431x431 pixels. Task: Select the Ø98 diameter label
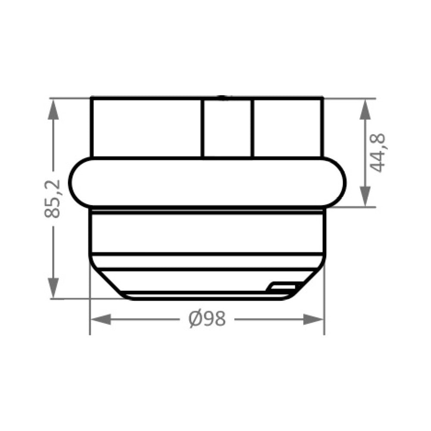coord(207,319)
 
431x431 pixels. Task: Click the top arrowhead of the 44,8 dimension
coord(366,108)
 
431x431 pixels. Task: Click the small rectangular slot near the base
coord(282,286)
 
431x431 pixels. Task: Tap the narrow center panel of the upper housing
coord(227,128)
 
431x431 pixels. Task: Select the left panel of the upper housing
coord(146,128)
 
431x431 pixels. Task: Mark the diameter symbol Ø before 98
coord(194,319)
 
